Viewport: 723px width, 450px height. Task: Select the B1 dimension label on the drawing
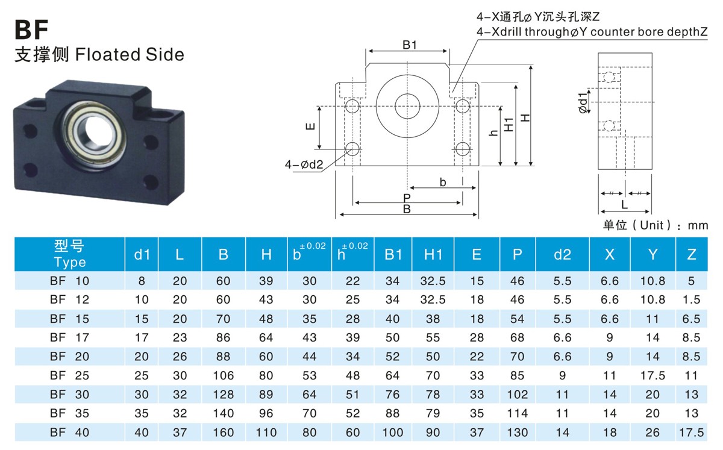410,45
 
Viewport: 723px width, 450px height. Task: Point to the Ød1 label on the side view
582,103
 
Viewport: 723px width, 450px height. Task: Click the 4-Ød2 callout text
304,163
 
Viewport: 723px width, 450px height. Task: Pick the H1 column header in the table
433,254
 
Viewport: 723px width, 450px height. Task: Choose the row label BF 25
70,375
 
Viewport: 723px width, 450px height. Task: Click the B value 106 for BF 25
224,375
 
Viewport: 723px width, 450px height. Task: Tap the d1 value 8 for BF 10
142,281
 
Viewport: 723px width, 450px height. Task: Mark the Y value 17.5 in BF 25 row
653,375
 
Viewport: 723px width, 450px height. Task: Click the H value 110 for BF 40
266,432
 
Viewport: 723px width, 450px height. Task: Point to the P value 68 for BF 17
517,337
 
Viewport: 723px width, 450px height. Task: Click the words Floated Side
129,54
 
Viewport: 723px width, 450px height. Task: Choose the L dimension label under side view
624,204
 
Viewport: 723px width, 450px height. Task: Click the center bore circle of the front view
408,109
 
